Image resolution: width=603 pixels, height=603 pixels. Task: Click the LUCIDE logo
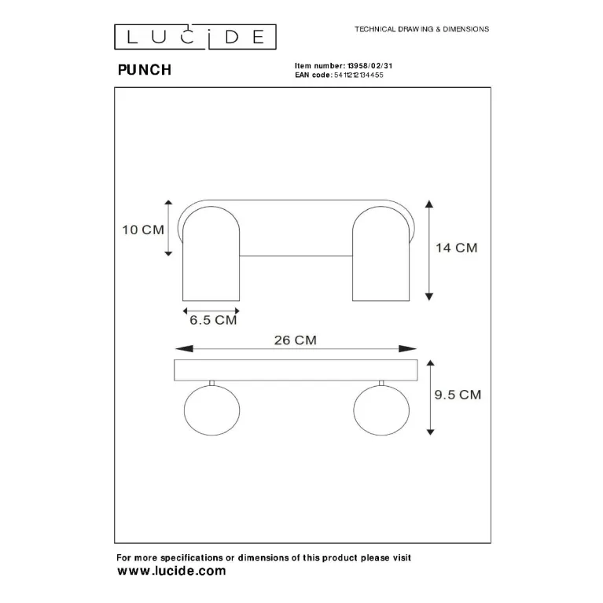pos(195,37)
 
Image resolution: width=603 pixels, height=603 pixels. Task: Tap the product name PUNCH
pos(145,70)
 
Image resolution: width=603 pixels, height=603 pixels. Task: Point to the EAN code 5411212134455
pos(358,75)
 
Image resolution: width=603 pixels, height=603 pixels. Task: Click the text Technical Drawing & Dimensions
pos(422,29)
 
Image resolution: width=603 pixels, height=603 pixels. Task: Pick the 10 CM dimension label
pos(143,230)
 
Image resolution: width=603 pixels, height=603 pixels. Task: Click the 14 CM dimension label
pos(457,248)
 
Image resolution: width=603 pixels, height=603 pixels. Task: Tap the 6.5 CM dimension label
pos(213,320)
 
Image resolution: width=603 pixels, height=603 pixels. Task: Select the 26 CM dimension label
pos(296,340)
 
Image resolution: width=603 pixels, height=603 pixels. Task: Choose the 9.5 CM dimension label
pos(458,395)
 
